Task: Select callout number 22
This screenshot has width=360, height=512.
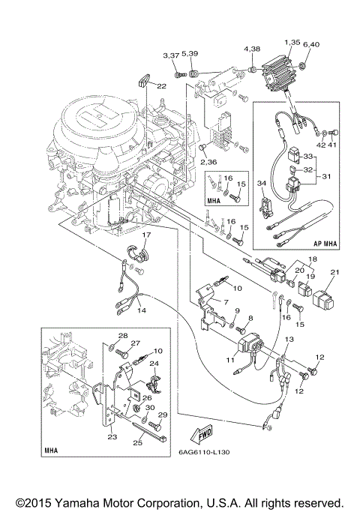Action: click(161, 86)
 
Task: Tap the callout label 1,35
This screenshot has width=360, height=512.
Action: click(292, 43)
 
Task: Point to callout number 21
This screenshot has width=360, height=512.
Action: click(335, 271)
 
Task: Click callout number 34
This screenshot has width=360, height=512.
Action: click(262, 183)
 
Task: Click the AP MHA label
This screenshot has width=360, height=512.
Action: click(325, 244)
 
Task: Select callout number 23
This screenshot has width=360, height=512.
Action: click(112, 437)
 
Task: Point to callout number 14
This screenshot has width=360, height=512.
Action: click(142, 310)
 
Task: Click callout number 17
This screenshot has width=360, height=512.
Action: click(146, 235)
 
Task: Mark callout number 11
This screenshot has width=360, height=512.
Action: click(230, 360)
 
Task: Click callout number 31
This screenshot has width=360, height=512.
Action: click(326, 176)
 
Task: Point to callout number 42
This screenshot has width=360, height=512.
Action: click(322, 145)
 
